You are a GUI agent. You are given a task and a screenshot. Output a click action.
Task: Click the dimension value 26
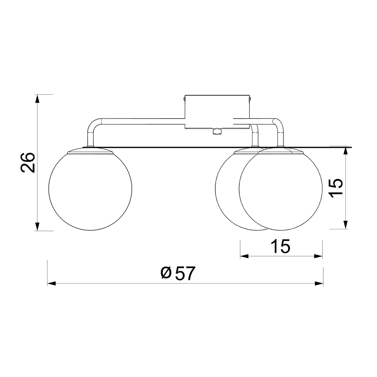28,162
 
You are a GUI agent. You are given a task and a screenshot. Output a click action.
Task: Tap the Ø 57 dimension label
178,273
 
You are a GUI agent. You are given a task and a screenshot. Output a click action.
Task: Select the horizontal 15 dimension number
280,246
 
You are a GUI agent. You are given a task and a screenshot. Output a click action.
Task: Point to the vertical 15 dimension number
337,188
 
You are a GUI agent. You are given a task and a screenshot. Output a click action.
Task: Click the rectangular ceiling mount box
217,112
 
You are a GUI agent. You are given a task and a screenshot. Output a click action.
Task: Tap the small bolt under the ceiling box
217,131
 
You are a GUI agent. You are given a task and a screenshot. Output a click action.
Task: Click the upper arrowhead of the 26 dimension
37,99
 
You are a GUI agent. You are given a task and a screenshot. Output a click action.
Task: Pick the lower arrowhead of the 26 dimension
37,226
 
